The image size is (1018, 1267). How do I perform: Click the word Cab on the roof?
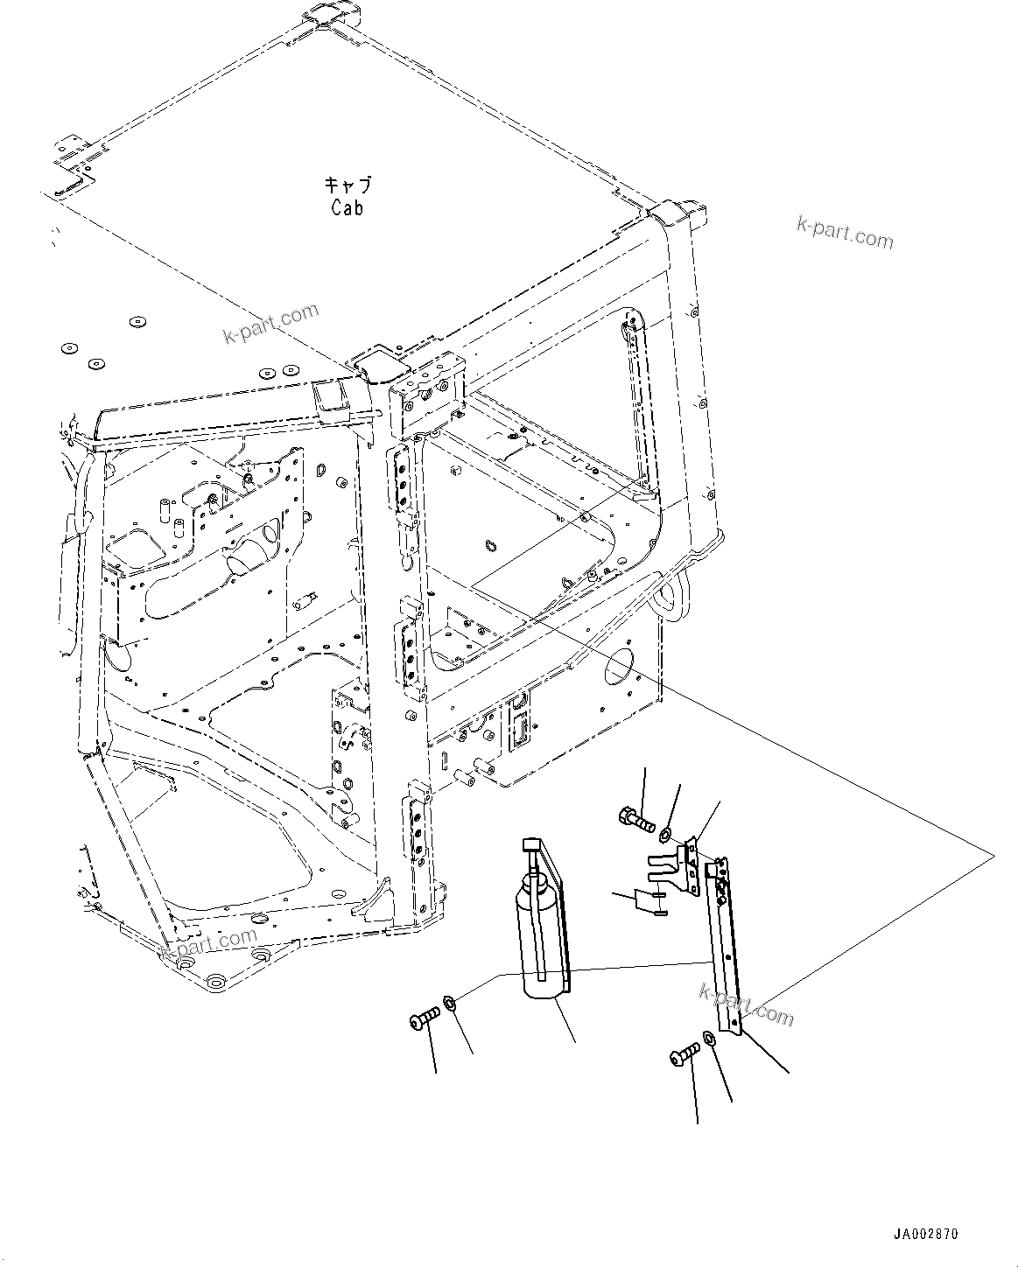pos(347,208)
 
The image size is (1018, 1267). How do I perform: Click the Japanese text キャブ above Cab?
pos(348,185)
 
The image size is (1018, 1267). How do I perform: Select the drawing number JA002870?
pos(925,1234)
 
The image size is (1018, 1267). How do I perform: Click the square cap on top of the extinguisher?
pos(531,844)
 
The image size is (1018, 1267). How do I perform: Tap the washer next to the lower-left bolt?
pos(450,1002)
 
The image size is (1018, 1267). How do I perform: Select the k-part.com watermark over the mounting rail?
pos(746,1004)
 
